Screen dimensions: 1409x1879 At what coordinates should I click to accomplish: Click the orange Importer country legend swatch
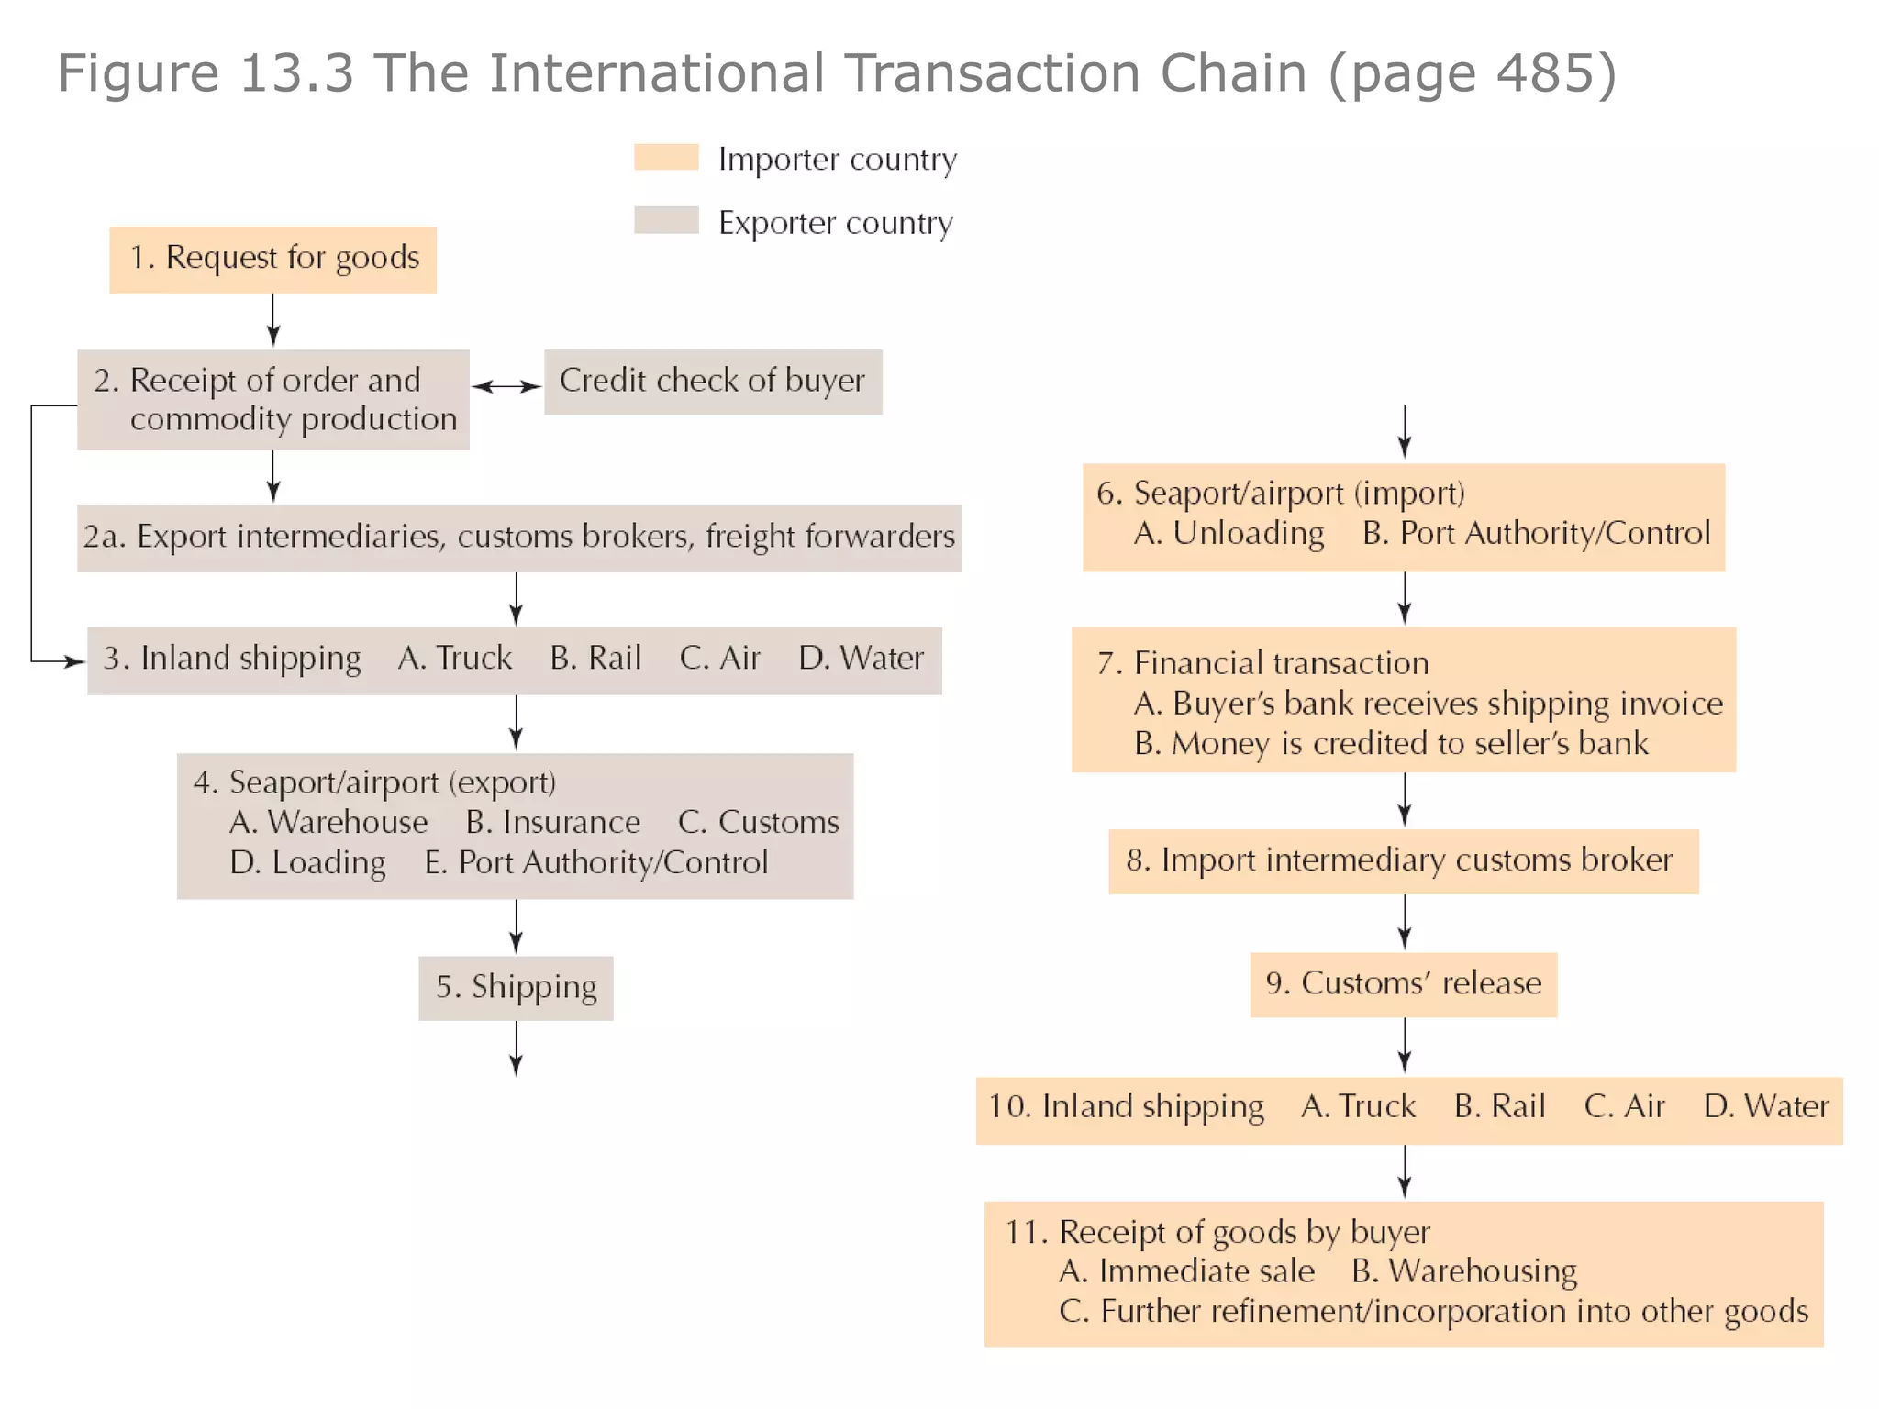pyautogui.click(x=666, y=157)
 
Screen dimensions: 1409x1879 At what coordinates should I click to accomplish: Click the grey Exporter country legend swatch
pyautogui.click(x=666, y=220)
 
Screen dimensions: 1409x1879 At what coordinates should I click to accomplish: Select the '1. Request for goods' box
pyautogui.click(x=272, y=260)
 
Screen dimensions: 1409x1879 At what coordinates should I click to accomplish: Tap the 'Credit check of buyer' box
pyautogui.click(x=712, y=382)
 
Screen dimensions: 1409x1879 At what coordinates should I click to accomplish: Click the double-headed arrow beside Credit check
pyautogui.click(x=506, y=387)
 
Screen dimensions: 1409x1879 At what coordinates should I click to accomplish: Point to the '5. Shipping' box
pyautogui.click(x=516, y=988)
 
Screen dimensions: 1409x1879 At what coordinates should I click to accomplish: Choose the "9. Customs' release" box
pyautogui.click(x=1403, y=984)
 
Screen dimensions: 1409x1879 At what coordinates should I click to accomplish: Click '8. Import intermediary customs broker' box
pyautogui.click(x=1403, y=861)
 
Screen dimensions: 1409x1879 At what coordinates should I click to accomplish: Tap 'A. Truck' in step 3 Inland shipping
pyautogui.click(x=455, y=659)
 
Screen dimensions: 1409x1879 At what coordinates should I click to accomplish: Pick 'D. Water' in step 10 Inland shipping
pyautogui.click(x=1766, y=1107)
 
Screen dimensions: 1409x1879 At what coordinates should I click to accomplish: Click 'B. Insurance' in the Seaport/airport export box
pyautogui.click(x=552, y=823)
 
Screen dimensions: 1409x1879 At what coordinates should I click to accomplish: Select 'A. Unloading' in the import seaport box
pyautogui.click(x=1229, y=534)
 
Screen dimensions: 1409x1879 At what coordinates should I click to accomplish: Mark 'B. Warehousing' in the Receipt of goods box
pyautogui.click(x=1464, y=1272)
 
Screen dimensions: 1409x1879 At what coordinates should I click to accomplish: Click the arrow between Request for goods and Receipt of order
pyautogui.click(x=272, y=320)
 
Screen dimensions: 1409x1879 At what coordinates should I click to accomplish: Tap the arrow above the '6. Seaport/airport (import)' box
pyautogui.click(x=1404, y=432)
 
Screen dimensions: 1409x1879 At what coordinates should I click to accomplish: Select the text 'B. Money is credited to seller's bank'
pyautogui.click(x=1391, y=744)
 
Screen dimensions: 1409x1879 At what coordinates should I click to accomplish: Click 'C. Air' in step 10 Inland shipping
pyautogui.click(x=1624, y=1107)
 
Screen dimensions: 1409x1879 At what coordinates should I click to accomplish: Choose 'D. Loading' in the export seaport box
pyautogui.click(x=307, y=863)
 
